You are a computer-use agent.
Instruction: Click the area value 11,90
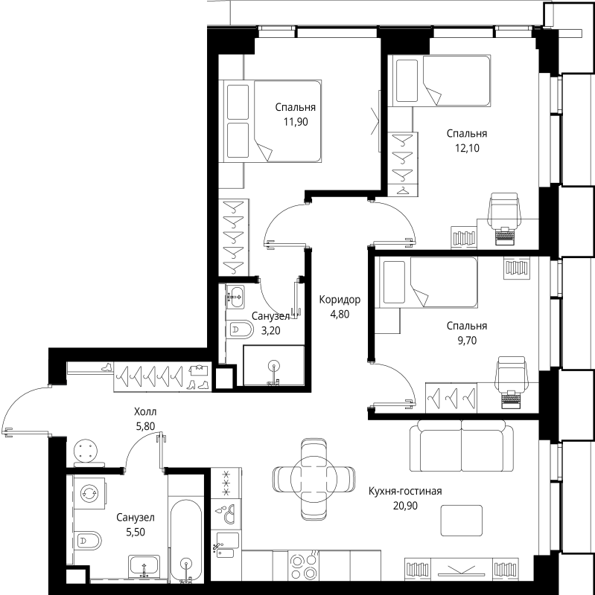pyautogui.click(x=296, y=122)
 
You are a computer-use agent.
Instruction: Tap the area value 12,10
pyautogui.click(x=467, y=148)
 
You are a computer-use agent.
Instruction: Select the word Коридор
pyautogui.click(x=340, y=300)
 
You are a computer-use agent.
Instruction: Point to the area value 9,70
pyautogui.click(x=467, y=341)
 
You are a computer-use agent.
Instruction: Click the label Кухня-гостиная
pyautogui.click(x=405, y=491)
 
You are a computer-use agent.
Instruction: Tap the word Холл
pyautogui.click(x=145, y=411)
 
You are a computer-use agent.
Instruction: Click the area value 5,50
pyautogui.click(x=136, y=533)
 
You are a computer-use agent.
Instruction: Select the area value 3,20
pyautogui.click(x=270, y=331)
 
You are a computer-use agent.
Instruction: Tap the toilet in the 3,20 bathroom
pyautogui.click(x=239, y=330)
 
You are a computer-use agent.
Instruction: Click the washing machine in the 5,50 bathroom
pyautogui.click(x=89, y=493)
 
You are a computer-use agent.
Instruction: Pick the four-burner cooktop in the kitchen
pyautogui.click(x=304, y=565)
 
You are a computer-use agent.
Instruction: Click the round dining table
pyautogui.click(x=314, y=479)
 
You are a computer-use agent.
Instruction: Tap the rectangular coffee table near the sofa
pyautogui.click(x=461, y=520)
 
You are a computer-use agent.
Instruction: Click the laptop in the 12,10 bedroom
pyautogui.click(x=505, y=237)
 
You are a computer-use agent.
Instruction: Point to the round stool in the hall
pyautogui.click(x=86, y=451)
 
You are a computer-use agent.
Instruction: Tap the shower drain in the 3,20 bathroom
pyautogui.click(x=273, y=366)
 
